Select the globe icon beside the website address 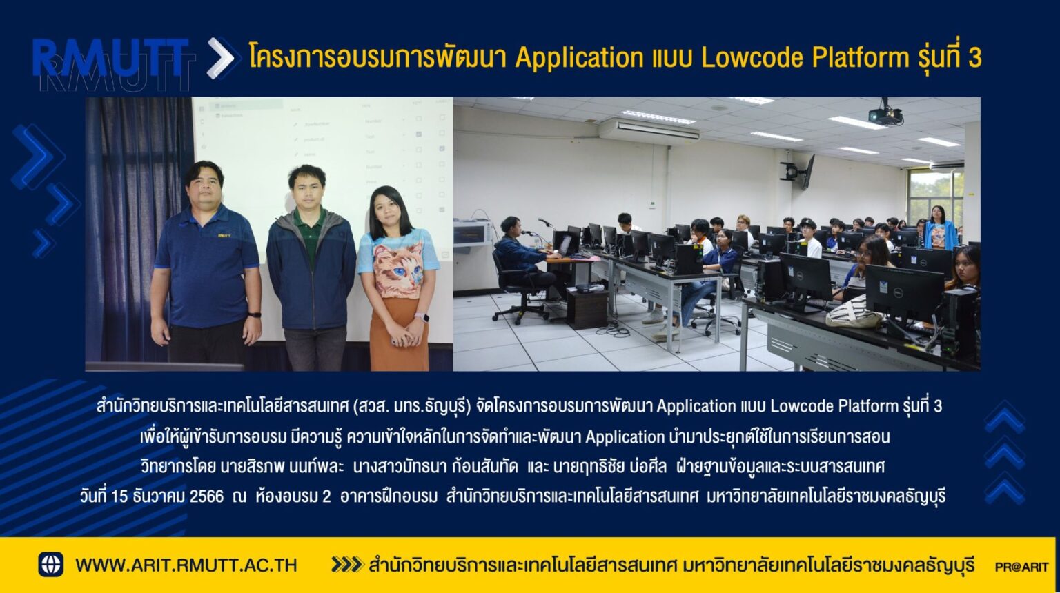tap(50, 564)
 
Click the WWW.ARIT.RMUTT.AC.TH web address tap(186, 565)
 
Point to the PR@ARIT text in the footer tap(1021, 567)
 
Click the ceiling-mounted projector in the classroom tap(885, 114)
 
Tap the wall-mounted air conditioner tap(649, 131)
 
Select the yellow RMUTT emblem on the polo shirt tap(224, 235)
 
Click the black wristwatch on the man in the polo tap(255, 314)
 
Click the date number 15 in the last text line tap(119, 496)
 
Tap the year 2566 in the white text tap(206, 496)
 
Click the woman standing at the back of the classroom tap(940, 228)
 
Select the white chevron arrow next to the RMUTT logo tap(221, 58)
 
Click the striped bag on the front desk tap(853, 312)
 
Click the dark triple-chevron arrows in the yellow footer tap(347, 565)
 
